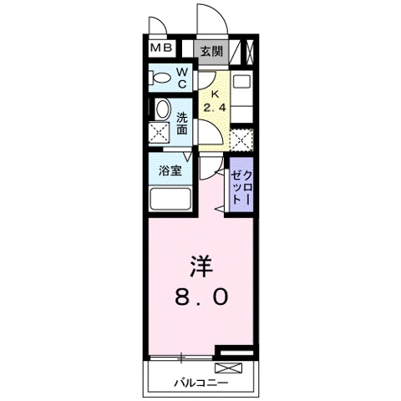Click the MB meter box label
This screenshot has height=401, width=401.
(161, 48)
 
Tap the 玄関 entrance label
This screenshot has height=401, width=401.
(212, 52)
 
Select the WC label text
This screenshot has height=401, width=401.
(182, 78)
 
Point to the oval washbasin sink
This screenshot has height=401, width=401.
(162, 109)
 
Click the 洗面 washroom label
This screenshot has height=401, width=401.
(182, 124)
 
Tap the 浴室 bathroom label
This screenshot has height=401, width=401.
(170, 170)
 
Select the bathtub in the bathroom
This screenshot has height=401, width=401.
(170, 199)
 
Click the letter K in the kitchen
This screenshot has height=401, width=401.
(215, 94)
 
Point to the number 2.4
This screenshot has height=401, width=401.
(215, 107)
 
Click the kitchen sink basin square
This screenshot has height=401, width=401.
(242, 81)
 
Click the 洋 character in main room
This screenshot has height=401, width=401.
(201, 266)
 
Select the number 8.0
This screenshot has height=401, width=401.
(201, 297)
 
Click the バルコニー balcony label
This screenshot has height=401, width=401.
(200, 383)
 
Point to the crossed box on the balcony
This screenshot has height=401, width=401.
(228, 368)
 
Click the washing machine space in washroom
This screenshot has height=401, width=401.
(159, 133)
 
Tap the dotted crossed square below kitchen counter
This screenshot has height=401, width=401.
(241, 140)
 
